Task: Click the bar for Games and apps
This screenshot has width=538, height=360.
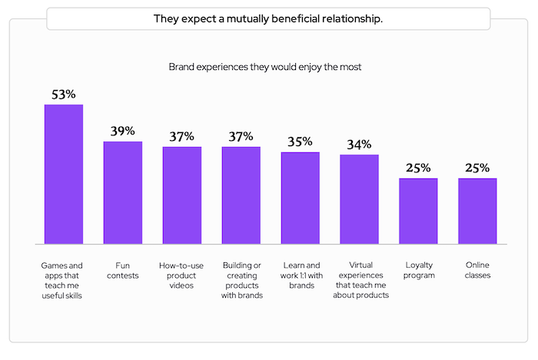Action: [x=64, y=175]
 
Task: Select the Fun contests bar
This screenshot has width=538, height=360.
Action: [x=123, y=193]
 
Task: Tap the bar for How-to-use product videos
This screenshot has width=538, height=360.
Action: [x=182, y=195]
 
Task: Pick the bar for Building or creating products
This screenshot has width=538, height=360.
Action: [x=241, y=195]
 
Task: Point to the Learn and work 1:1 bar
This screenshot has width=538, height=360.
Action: [x=300, y=198]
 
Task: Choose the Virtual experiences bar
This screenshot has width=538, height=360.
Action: [x=359, y=199]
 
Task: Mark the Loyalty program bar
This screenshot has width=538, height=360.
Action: [x=418, y=212]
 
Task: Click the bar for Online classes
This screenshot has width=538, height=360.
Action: [x=477, y=212]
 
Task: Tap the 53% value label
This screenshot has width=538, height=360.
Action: [x=64, y=95]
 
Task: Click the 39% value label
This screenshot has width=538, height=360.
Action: [x=123, y=132]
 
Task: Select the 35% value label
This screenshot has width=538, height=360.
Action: [x=300, y=142]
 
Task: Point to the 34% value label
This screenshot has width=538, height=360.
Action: [x=359, y=145]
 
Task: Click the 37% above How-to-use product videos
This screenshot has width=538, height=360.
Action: [x=182, y=137]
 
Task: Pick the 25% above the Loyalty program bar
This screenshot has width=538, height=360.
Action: [x=418, y=168]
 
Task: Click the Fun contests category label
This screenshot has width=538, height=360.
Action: [x=123, y=270]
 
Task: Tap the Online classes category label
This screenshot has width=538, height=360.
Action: [x=477, y=270]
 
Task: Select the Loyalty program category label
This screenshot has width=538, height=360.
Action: [x=418, y=270]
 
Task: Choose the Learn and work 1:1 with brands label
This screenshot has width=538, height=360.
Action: [x=300, y=275]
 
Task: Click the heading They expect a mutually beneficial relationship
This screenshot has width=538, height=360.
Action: [x=268, y=18]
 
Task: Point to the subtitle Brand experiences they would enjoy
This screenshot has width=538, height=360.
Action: [x=265, y=67]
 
